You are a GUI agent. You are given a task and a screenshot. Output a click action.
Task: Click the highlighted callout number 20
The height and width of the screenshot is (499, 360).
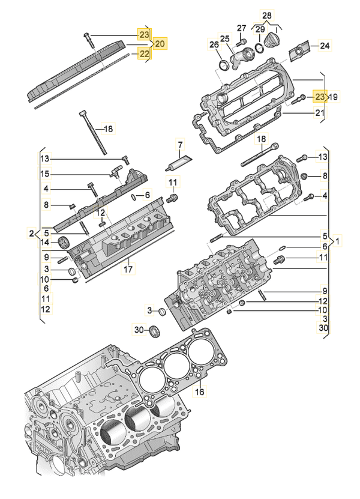[160, 44]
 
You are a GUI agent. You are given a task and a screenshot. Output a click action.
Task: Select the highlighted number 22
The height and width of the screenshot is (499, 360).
[144, 53]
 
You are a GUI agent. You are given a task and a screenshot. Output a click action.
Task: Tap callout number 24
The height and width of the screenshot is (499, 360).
[324, 46]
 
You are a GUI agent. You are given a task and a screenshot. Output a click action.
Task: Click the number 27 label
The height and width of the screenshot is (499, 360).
[241, 28]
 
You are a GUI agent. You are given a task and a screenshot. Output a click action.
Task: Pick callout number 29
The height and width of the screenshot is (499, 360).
[260, 29]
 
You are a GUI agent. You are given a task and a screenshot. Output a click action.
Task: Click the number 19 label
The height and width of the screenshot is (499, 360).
[334, 96]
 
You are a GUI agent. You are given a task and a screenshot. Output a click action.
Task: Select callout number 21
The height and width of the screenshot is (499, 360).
[320, 112]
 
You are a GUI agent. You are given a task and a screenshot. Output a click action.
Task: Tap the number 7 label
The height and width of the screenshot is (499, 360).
[179, 144]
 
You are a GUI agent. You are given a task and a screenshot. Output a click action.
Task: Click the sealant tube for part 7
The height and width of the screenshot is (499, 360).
[178, 160]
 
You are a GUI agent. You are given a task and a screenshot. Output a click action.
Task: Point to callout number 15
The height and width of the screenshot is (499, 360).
[44, 174]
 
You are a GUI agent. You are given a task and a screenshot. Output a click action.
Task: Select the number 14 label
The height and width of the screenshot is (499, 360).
[44, 243]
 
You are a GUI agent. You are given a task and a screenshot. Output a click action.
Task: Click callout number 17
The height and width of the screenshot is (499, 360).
[128, 270]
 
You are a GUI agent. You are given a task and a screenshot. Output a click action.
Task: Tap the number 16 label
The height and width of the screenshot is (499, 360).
[200, 392]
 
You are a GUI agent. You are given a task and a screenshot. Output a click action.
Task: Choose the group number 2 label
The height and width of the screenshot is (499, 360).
[32, 232]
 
